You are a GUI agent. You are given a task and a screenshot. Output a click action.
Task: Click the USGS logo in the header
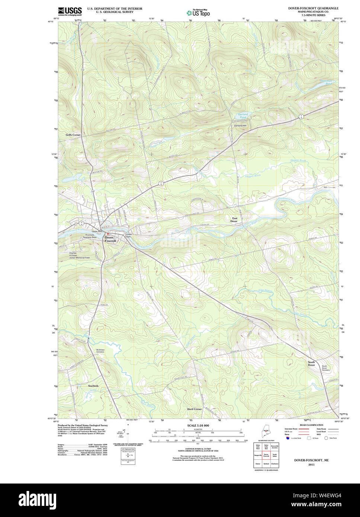tap(70, 11)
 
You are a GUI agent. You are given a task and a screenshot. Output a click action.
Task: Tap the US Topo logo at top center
tap(198, 13)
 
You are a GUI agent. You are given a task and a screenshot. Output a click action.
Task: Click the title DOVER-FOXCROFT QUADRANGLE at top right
tap(313, 8)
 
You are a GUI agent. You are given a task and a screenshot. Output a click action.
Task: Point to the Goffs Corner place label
tap(73, 135)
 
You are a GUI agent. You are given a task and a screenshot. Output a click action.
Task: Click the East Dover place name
tap(234, 220)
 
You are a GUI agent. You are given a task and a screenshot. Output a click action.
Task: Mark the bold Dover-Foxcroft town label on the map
tap(110, 239)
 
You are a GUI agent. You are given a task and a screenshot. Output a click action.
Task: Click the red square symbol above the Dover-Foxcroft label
tap(107, 234)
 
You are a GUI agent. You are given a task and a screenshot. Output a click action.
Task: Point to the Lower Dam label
tap(129, 235)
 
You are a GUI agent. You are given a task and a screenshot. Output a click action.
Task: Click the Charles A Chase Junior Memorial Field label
tap(78, 256)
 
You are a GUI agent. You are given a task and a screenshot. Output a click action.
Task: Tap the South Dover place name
tap(311, 363)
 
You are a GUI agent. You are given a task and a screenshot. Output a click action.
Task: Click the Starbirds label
tap(93, 386)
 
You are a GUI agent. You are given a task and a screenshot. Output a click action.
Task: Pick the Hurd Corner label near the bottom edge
tap(194, 409)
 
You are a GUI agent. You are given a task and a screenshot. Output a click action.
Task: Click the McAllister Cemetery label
tap(100, 351)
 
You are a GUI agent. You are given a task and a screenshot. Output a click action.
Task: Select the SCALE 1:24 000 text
tap(198, 426)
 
